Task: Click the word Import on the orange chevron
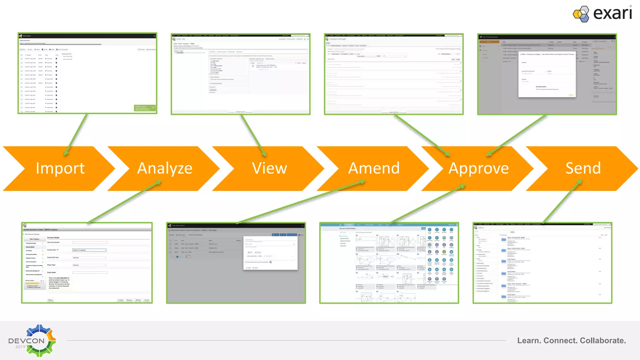pos(60,168)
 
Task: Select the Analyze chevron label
pos(165,168)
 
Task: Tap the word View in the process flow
pos(269,168)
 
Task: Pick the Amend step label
pos(374,168)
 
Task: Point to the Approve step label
pos(478,168)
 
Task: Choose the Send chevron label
pos(583,168)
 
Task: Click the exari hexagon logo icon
pos(581,14)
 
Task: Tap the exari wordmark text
pos(612,13)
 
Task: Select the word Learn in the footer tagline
pos(529,341)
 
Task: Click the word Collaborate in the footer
pos(602,341)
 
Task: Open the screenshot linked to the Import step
pos(87,73)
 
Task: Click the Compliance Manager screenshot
pos(394,74)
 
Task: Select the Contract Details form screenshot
pos(87,263)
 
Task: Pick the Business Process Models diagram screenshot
pos(389,263)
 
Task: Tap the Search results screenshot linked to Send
pos(542,263)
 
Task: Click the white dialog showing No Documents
pos(547,74)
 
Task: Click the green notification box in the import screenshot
pos(145,108)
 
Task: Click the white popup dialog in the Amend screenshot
pos(270,253)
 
